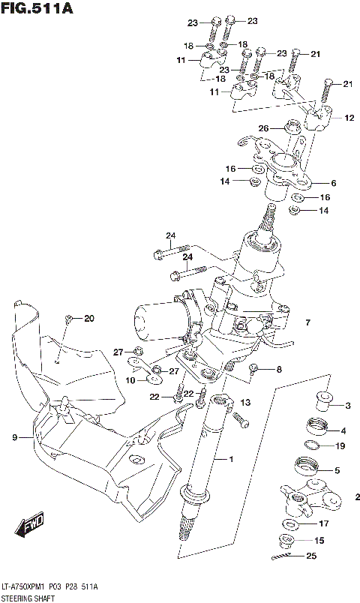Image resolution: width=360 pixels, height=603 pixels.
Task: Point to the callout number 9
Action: click(15, 437)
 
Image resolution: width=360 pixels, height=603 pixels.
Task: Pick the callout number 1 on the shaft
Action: click(232, 459)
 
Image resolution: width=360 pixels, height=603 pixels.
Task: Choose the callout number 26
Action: click(262, 128)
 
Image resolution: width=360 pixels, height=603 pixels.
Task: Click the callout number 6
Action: click(334, 183)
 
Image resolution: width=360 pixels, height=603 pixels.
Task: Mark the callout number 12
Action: click(349, 118)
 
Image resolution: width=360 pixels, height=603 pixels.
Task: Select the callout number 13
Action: click(245, 403)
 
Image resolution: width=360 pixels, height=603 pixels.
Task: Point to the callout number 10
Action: click(131, 380)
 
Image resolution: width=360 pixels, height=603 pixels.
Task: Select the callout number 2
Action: click(357, 496)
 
